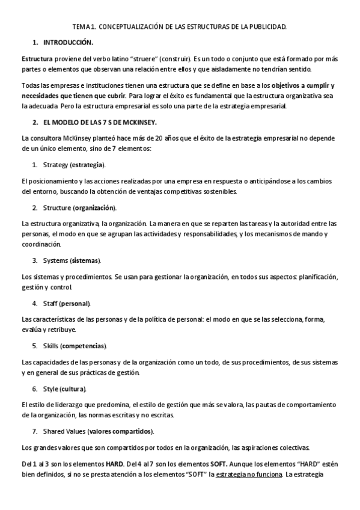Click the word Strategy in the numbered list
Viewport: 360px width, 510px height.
tap(55, 164)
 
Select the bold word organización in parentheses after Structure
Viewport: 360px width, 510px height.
tap(95, 207)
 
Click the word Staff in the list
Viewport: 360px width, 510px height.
tap(50, 303)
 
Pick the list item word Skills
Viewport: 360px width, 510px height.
tap(50, 346)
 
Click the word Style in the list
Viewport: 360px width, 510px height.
tap(51, 389)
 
